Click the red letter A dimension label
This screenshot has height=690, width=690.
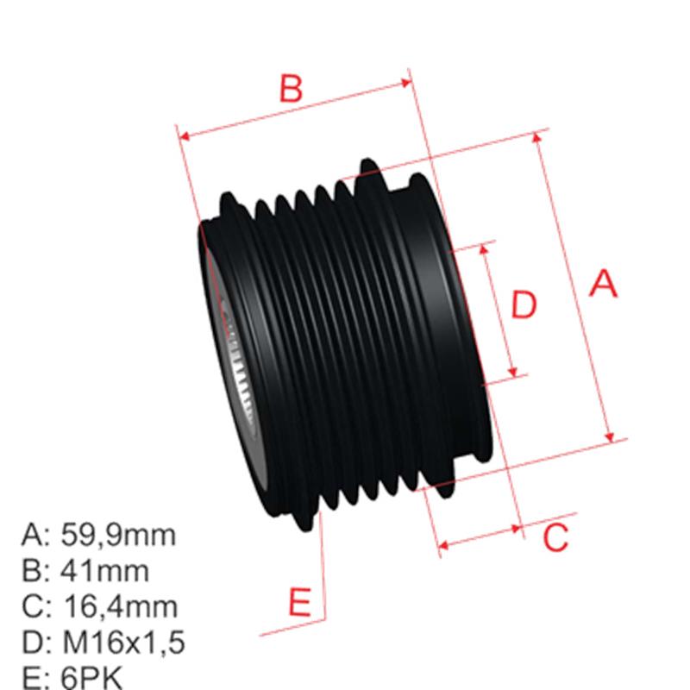pos(604,283)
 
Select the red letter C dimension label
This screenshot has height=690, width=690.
pos(556,536)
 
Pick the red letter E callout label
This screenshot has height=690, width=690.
pos(298,600)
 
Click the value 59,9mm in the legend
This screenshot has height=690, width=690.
pos(119,536)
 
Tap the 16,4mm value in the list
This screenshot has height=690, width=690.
pos(120,606)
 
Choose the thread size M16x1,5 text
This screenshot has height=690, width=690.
pos(124,643)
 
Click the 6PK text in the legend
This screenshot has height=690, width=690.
pos(92,677)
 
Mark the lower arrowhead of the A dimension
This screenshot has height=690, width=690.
pos(612,436)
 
